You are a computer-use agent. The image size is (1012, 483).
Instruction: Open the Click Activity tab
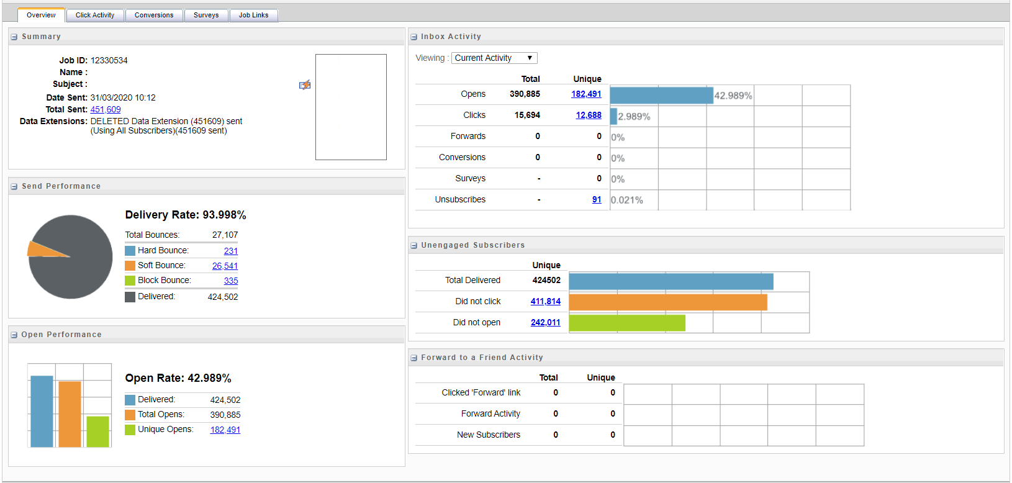95,15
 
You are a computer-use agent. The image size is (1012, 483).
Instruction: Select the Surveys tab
206,15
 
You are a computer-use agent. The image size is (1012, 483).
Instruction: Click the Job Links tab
253,15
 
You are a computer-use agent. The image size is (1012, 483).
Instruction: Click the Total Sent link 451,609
106,109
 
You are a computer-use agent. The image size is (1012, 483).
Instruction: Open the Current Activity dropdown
494,58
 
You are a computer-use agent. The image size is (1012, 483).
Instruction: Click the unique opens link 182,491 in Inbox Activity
586,94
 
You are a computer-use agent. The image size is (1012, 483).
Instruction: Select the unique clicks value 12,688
589,115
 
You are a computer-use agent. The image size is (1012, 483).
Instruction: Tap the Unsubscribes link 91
597,199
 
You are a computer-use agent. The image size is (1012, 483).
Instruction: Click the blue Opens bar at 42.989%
661,95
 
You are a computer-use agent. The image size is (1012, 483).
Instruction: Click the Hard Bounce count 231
231,251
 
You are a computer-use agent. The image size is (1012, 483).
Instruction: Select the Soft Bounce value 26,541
225,266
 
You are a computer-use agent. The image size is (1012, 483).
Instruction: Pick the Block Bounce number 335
231,281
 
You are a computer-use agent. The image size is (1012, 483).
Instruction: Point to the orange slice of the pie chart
43,250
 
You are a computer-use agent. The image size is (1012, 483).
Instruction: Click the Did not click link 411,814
545,301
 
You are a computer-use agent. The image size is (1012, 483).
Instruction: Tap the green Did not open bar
627,323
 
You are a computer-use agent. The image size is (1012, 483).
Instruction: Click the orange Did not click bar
667,302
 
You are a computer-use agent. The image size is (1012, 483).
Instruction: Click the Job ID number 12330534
109,60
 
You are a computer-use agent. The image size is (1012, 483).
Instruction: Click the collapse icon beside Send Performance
14,186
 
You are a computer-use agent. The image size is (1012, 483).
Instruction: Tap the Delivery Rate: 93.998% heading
186,215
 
